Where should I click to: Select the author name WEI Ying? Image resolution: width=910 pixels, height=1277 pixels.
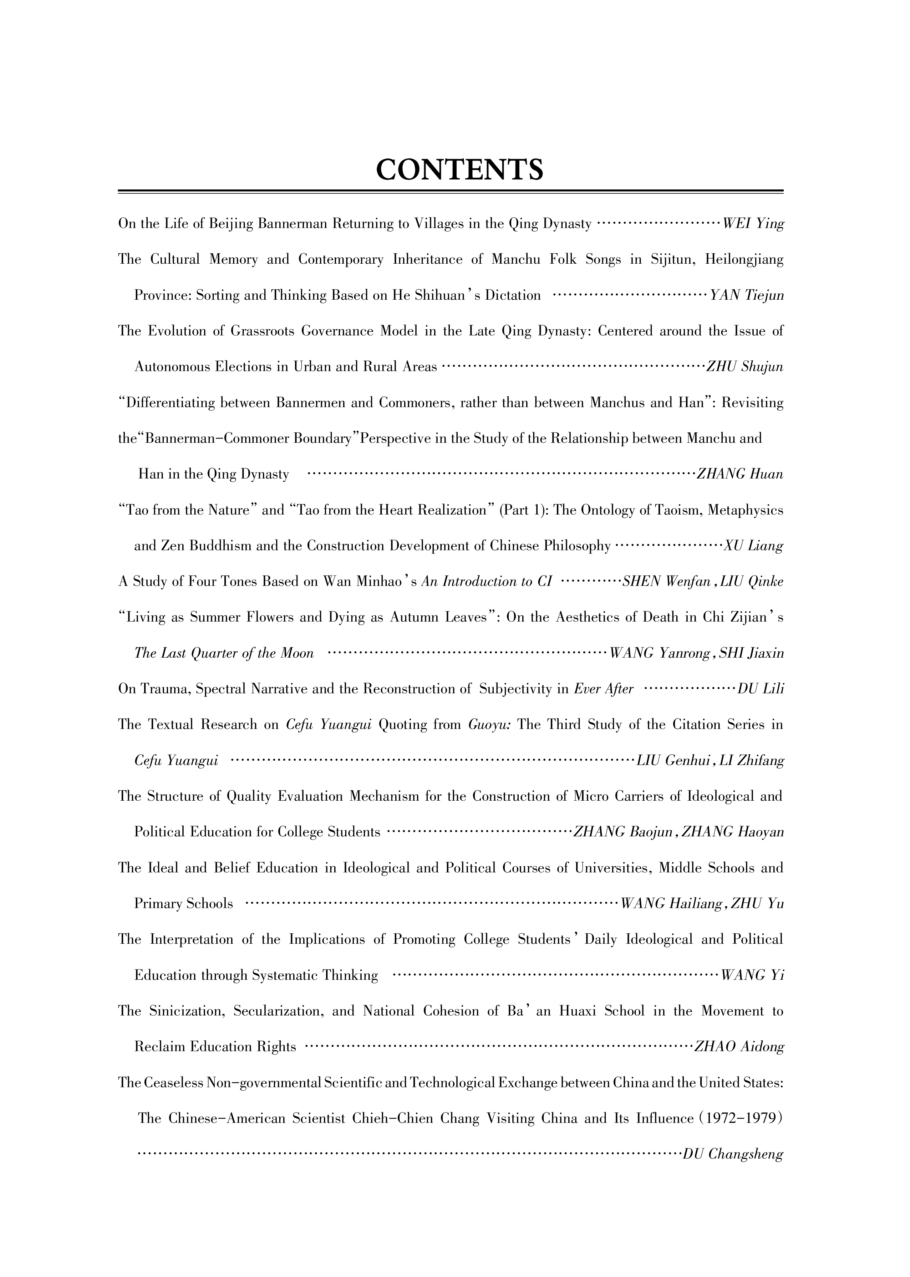point(753,224)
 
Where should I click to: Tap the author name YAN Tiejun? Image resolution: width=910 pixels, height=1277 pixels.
point(747,295)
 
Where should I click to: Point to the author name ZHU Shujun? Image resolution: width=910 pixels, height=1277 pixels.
point(745,367)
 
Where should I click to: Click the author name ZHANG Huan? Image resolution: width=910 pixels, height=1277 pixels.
point(739,474)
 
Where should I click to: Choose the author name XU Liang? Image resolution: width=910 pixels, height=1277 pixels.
point(753,546)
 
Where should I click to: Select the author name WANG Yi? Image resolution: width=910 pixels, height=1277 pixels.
point(752,976)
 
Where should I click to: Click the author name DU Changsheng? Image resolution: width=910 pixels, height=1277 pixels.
point(733,1155)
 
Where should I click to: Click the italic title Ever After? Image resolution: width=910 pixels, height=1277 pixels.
point(604,689)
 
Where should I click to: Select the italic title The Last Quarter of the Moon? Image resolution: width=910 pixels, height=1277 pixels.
point(224,653)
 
